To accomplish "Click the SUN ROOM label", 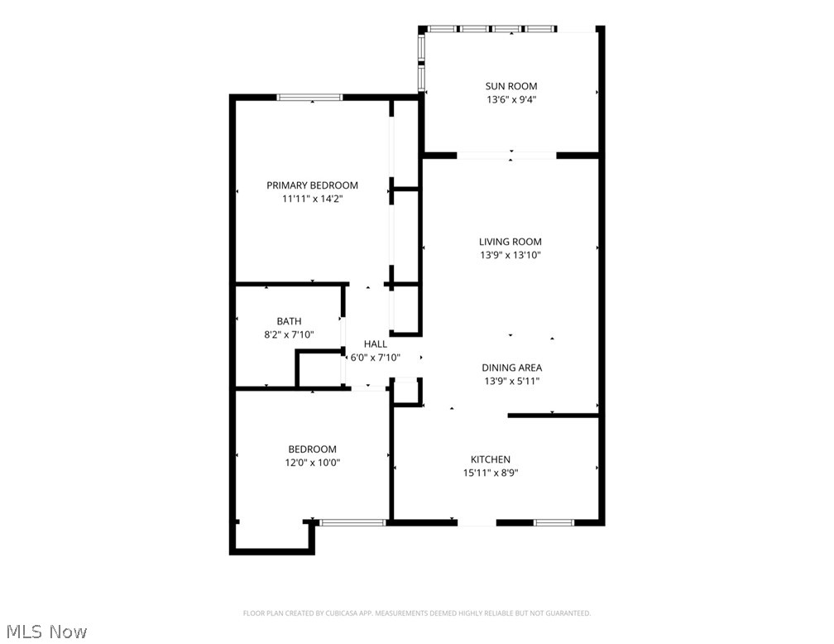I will coord(510,86).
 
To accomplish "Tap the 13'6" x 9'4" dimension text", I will coord(510,100).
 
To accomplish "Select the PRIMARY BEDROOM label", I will coord(312,185).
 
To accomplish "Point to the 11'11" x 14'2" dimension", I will coord(312,199).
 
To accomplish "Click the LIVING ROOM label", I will coord(510,242).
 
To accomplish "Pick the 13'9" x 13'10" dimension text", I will coord(510,256).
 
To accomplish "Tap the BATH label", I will coord(289,321).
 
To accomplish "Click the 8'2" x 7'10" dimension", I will coord(289,334).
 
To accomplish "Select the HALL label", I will coord(375,344).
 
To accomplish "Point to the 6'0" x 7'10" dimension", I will coord(375,358).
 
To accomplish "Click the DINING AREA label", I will coord(512,368).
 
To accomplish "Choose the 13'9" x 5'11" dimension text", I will coord(512,382).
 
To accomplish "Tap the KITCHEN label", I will coord(491,459).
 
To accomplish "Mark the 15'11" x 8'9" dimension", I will coord(491,473).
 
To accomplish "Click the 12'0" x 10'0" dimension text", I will coord(312,463).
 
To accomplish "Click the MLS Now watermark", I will coord(45,632).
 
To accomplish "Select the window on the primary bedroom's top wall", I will coord(309,98).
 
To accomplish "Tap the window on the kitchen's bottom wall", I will coord(554,522).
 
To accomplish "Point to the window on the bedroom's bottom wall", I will coord(352,522).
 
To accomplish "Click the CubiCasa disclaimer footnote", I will coord(416,613).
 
